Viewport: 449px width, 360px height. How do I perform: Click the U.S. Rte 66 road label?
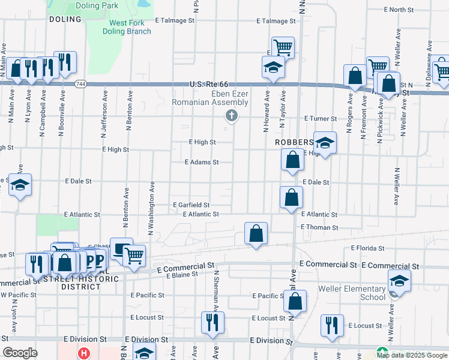[x=209, y=85]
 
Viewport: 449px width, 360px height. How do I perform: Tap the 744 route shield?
[x=80, y=85]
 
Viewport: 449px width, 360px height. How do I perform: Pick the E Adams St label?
[x=202, y=162]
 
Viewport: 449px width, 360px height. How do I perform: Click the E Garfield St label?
[x=191, y=205]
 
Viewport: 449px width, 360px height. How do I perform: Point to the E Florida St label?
[x=367, y=248]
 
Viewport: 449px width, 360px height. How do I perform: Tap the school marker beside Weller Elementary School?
[x=399, y=280]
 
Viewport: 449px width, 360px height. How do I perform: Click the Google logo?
[x=20, y=353]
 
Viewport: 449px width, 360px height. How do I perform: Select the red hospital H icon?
[x=84, y=353]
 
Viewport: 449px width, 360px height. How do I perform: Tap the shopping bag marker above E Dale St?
[x=292, y=160]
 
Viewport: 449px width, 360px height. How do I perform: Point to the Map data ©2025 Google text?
[x=412, y=355]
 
